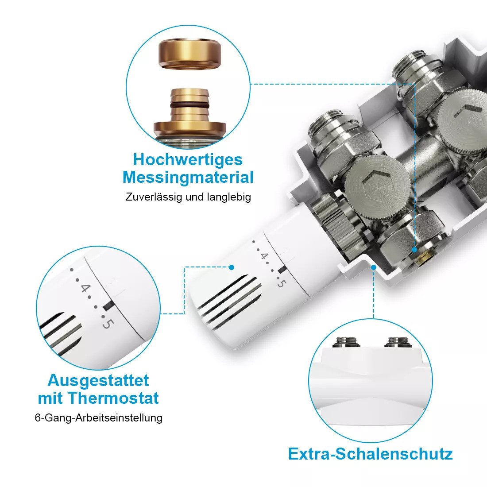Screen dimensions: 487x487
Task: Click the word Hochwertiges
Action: point(188,160)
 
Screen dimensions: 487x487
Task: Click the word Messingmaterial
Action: point(188,178)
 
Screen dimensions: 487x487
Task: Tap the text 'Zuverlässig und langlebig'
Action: point(188,197)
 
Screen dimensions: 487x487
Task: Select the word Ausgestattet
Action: point(98,380)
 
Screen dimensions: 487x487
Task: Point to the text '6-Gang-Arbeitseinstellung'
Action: point(98,417)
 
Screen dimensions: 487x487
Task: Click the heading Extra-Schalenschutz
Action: point(370,454)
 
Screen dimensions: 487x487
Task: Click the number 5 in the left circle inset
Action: point(107,324)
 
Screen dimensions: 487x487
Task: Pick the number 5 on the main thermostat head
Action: point(280,284)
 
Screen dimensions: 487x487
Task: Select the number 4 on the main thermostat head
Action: point(264,256)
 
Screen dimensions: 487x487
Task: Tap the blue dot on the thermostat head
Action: point(231,267)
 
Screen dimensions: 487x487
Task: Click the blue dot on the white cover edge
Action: point(374,267)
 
